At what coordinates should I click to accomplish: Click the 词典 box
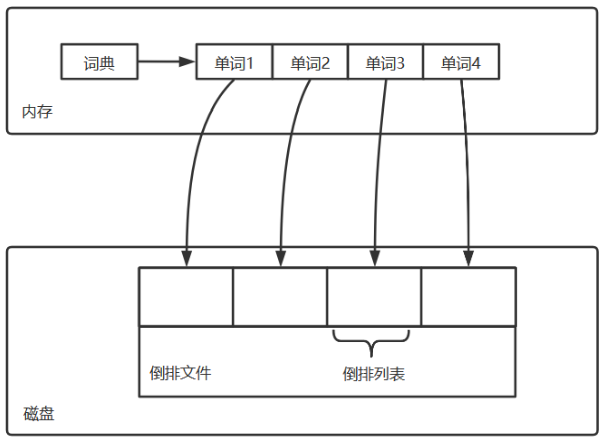pyautogui.click(x=99, y=62)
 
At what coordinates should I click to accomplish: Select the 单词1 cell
pyautogui.click(x=234, y=62)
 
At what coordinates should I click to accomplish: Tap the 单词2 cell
pyautogui.click(x=310, y=62)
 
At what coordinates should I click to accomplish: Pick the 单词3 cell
pyautogui.click(x=385, y=62)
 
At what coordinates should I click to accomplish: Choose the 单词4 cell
pyautogui.click(x=461, y=62)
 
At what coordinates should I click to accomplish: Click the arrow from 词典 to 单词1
pyautogui.click(x=166, y=62)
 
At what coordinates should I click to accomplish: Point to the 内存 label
pyautogui.click(x=37, y=111)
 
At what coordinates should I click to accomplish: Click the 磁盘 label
pyautogui.click(x=39, y=415)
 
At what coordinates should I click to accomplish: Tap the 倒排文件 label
pyautogui.click(x=181, y=373)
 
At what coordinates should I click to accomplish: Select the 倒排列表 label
pyautogui.click(x=374, y=374)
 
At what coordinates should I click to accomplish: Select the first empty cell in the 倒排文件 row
pyautogui.click(x=186, y=297)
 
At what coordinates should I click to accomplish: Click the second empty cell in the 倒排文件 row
pyautogui.click(x=280, y=297)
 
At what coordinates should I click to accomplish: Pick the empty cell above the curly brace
pyautogui.click(x=374, y=297)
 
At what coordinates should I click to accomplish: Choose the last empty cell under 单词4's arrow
pyautogui.click(x=468, y=297)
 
